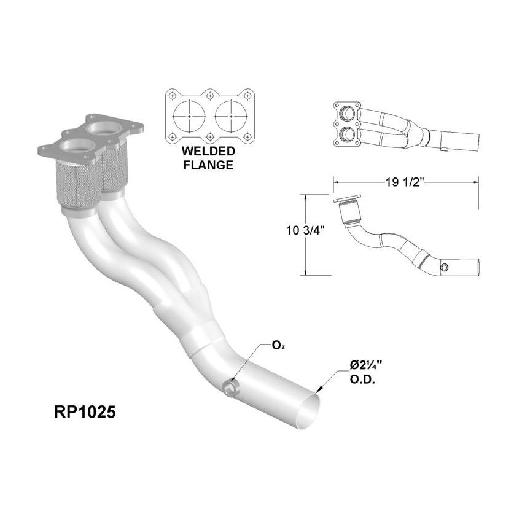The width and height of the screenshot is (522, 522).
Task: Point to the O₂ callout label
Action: pos(277,346)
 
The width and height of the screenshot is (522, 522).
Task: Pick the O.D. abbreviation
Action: pos(362,379)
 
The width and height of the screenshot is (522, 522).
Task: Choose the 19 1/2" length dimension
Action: pos(405,182)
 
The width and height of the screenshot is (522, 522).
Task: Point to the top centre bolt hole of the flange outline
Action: pos(210,95)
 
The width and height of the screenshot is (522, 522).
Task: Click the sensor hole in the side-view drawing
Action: pos(445,268)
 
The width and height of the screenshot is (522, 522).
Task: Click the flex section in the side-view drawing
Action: pos(351,217)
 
